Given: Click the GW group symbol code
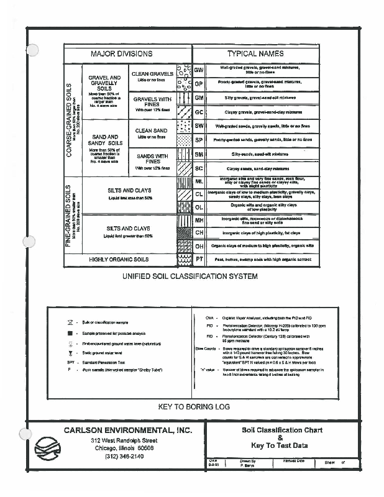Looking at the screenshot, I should click(x=199, y=70).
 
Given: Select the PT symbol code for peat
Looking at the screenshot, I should click(x=199, y=259).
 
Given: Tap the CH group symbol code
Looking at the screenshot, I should click(x=199, y=232).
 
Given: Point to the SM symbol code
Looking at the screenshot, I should click(x=199, y=154).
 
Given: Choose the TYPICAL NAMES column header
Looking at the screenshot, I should click(x=255, y=54).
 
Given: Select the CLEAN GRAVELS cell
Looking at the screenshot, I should click(x=152, y=76).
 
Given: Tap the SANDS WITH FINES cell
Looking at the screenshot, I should click(x=152, y=161).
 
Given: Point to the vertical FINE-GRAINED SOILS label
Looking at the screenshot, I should click(x=69, y=215).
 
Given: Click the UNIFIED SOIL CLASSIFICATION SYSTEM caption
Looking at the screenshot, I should click(x=190, y=276).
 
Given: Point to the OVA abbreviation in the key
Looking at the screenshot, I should click(x=210, y=317).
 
